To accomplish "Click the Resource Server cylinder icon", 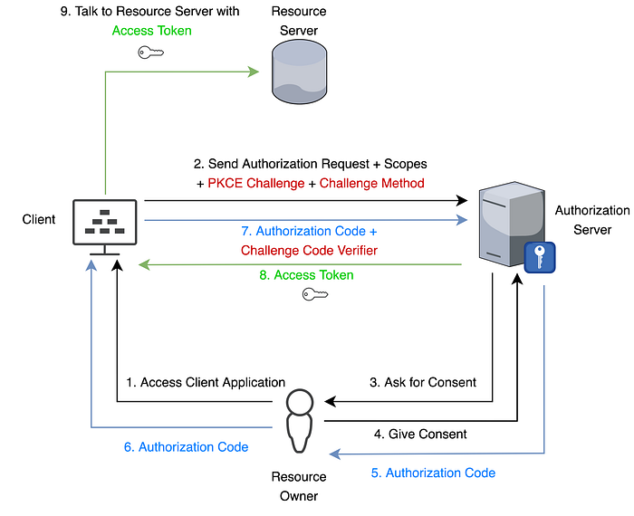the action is pyautogui.click(x=299, y=72).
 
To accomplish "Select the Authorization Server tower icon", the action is pyautogui.click(x=512, y=225).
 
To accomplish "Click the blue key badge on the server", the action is pyautogui.click(x=540, y=257).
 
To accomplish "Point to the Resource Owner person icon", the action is pyautogui.click(x=299, y=421).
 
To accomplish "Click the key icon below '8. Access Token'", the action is pyautogui.click(x=315, y=294).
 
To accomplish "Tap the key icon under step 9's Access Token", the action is pyautogui.click(x=151, y=53).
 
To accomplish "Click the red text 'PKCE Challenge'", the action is pyautogui.click(x=256, y=183).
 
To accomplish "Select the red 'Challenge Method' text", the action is pyautogui.click(x=371, y=183).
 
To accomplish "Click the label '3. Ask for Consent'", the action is pyautogui.click(x=423, y=382).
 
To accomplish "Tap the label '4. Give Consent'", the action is pyautogui.click(x=420, y=434).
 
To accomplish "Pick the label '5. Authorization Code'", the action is pyautogui.click(x=433, y=473).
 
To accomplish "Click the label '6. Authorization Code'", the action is pyautogui.click(x=186, y=447).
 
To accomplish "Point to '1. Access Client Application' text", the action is pyautogui.click(x=206, y=382).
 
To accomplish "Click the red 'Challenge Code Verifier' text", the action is pyautogui.click(x=309, y=251).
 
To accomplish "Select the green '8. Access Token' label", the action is pyautogui.click(x=306, y=275).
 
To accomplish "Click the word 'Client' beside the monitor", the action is pyautogui.click(x=39, y=219).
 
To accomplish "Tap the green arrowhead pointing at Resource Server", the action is pyautogui.click(x=254, y=72).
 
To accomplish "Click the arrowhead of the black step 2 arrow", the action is pyautogui.click(x=462, y=200).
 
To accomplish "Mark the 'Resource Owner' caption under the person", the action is pyautogui.click(x=299, y=486).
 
